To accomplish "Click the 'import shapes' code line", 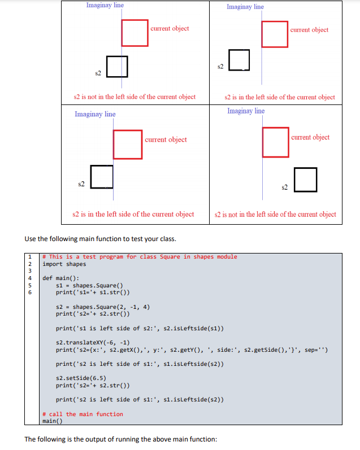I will pos(64,264).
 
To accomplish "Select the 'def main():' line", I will pos(61,278).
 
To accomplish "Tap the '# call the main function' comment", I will pos(83,414).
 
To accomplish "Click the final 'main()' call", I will pos(52,421).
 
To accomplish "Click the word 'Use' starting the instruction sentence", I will pos(31,239).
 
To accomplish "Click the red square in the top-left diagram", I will pos(135,33).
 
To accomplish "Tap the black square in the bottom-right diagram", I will pos(305,181).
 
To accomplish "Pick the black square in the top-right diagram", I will pos(239,60).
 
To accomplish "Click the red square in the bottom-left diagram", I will pos(128,145).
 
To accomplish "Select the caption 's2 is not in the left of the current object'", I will pos(135,97).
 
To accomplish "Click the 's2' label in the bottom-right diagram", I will pos(285,186).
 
